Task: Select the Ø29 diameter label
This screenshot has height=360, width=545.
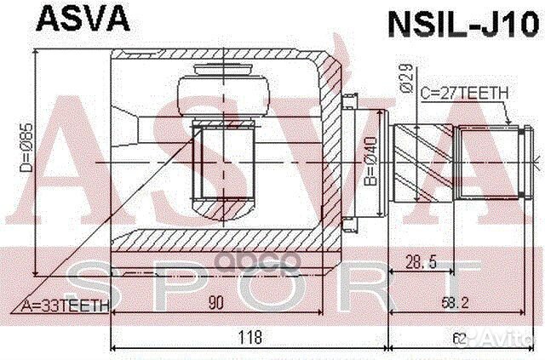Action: pyautogui.click(x=405, y=81)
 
